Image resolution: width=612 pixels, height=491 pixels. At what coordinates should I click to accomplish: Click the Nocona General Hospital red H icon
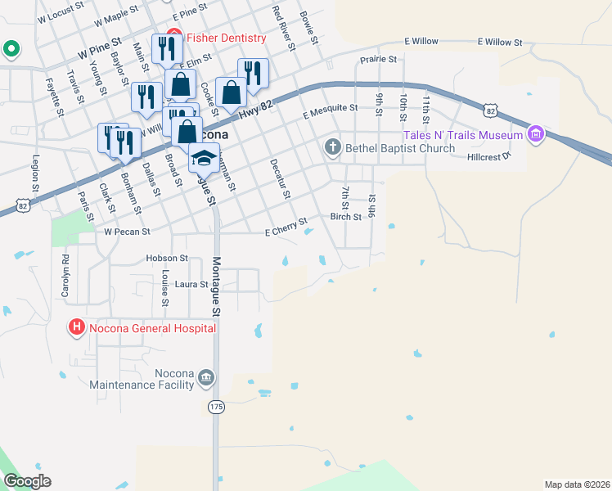77,328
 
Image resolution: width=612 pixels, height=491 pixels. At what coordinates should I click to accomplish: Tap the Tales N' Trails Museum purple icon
536,133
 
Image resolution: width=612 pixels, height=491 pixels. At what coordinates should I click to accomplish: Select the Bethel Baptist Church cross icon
332,148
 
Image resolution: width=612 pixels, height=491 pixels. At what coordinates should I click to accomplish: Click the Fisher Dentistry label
227,38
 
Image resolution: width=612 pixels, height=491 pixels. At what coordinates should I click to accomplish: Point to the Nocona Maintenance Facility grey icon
205,377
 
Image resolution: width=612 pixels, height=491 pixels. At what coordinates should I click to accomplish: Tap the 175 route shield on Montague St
216,407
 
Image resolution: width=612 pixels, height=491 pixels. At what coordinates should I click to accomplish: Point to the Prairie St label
378,60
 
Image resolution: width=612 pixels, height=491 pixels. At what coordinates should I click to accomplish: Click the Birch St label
346,217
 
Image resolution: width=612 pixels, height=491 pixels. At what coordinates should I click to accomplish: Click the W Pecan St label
127,232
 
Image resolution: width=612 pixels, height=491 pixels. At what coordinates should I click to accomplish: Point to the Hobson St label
167,258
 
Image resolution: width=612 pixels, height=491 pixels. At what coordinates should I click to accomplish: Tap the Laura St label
191,284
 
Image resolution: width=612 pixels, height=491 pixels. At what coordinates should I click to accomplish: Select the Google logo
27,480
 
